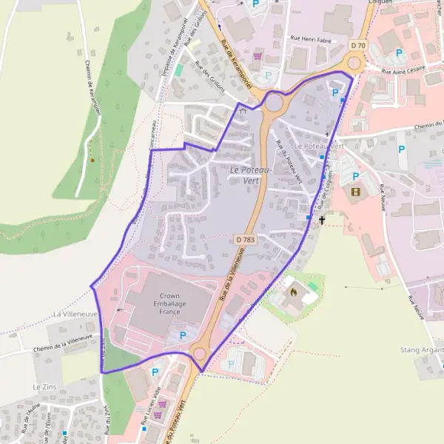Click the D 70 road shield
pos(358,46)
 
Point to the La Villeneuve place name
pos(76,314)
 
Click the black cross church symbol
pos(322,220)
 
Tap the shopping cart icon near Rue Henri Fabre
pos(258,55)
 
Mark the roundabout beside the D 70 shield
pos(354,62)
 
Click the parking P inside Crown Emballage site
pos(184,334)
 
